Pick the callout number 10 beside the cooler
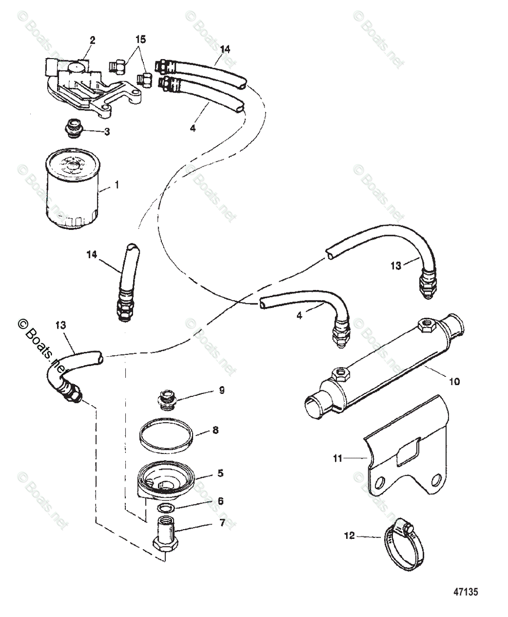click(454, 382)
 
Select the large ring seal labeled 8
click(166, 437)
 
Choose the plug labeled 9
click(166, 400)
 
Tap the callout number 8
click(215, 430)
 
